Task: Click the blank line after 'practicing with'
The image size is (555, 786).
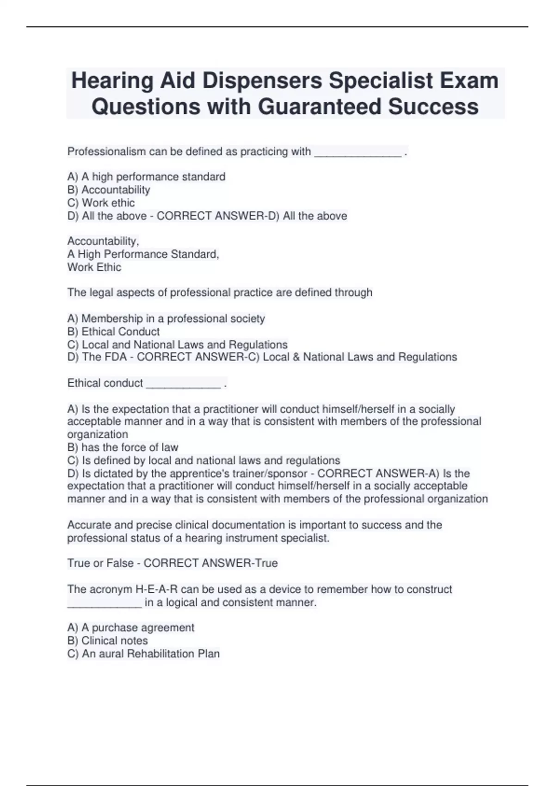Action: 358,153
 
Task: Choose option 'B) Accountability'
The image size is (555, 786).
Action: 109,190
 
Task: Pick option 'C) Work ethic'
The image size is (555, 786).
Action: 101,203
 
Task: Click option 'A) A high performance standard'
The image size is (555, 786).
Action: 146,177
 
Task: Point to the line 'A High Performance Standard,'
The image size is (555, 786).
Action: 143,254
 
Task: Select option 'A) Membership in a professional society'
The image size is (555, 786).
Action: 166,319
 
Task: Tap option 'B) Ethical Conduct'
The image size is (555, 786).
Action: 113,332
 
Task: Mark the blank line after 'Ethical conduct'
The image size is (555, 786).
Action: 183,384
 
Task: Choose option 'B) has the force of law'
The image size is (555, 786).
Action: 123,448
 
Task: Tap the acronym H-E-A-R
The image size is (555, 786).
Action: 156,589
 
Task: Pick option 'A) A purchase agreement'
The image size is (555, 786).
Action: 130,628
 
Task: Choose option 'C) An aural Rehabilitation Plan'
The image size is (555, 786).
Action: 143,654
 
